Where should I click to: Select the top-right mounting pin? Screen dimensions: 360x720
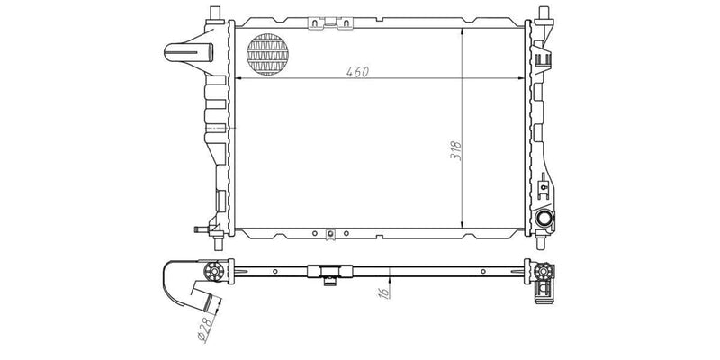[545, 11]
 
